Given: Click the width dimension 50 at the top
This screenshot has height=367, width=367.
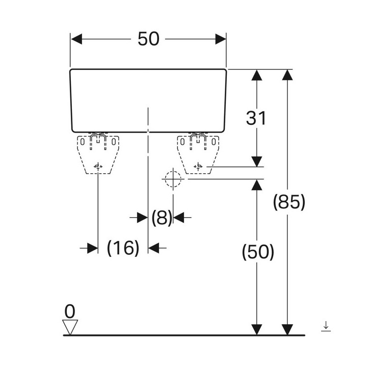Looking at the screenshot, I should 148,39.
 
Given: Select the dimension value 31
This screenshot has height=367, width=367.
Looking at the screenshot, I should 256,118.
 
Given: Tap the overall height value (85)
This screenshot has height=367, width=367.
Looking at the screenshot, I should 289,202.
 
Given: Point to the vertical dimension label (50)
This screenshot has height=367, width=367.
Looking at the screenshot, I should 257,252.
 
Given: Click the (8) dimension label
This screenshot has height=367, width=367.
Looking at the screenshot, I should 162,218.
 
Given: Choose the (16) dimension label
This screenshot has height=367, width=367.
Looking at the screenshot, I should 123,248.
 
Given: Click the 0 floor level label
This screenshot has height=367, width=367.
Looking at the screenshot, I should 69,310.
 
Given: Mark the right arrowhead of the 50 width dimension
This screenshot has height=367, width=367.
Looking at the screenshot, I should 220,39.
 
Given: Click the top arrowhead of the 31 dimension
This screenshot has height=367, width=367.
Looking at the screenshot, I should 257,75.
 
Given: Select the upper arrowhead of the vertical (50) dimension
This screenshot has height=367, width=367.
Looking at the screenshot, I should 257,185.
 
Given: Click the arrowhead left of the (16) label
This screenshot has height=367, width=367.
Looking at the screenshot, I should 92,248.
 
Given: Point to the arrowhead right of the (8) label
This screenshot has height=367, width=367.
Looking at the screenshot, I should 178,218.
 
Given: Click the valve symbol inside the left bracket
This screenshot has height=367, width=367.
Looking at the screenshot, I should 98,166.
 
